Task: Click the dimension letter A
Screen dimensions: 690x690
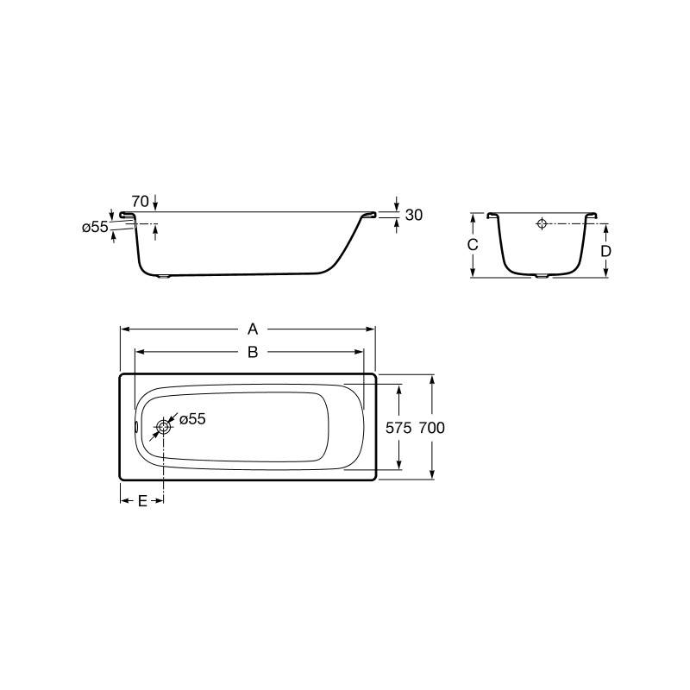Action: click(x=253, y=329)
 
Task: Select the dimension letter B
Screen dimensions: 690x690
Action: click(x=253, y=352)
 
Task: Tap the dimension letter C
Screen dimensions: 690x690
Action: click(x=473, y=245)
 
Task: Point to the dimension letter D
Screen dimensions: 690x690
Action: click(x=606, y=251)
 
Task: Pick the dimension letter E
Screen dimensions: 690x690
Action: click(x=142, y=501)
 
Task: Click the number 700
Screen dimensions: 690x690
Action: click(x=432, y=428)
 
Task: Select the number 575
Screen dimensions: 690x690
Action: click(x=398, y=428)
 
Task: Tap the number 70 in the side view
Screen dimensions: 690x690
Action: click(x=141, y=202)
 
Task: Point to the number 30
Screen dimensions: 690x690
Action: click(x=414, y=215)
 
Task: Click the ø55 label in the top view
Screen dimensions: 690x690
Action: click(x=192, y=419)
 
